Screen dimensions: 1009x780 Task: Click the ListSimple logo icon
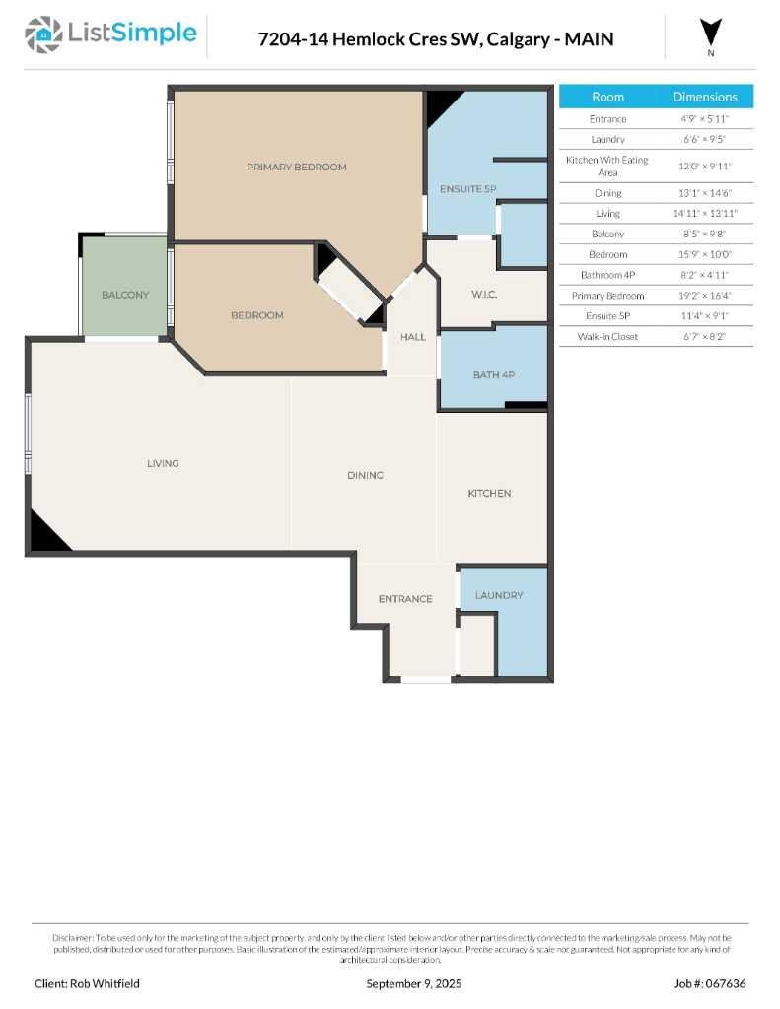tap(42, 35)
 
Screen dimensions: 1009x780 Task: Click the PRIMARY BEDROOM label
tap(296, 168)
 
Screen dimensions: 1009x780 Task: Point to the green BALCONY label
tap(125, 295)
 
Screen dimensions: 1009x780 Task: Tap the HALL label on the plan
tap(412, 337)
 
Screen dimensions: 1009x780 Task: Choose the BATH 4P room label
tap(494, 375)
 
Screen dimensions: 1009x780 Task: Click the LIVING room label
tap(163, 463)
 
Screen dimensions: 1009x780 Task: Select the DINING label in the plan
tap(365, 475)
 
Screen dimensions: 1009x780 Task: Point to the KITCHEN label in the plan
tap(489, 493)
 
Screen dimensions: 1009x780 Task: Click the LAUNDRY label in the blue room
tap(498, 595)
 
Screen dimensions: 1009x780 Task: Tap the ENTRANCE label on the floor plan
tap(405, 598)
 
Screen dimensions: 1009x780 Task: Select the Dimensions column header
tap(705, 97)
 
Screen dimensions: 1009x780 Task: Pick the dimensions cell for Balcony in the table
tap(705, 234)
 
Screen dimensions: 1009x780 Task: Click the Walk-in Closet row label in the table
tap(607, 337)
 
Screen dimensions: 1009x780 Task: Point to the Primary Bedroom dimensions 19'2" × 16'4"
tap(705, 296)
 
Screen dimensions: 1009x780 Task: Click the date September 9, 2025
tap(413, 983)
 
